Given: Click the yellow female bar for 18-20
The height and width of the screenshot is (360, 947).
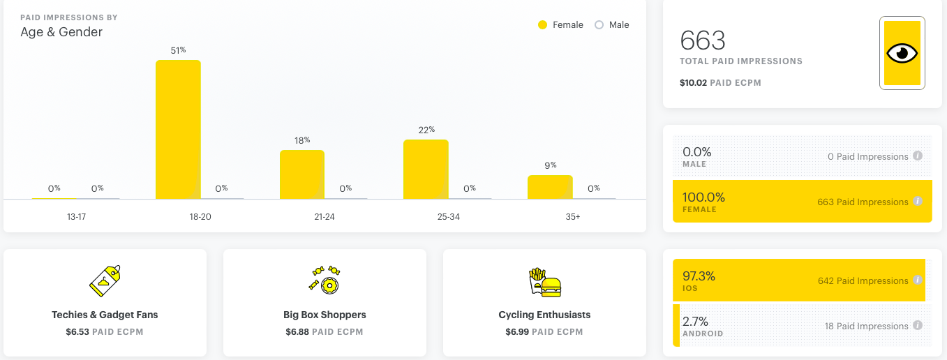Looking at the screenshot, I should (x=178, y=130).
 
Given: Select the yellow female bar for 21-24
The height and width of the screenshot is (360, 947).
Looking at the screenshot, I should (x=302, y=174).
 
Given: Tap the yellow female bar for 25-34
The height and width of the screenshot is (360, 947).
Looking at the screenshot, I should (x=426, y=170).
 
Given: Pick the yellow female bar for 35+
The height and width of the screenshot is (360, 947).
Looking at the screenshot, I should (x=550, y=187).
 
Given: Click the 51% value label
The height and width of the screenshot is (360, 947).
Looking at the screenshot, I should (x=178, y=50).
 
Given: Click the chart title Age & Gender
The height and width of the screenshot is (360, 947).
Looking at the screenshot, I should (x=61, y=32).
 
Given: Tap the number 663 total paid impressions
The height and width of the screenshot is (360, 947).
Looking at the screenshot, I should (x=703, y=40).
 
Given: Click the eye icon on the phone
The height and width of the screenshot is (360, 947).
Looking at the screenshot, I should (x=902, y=54).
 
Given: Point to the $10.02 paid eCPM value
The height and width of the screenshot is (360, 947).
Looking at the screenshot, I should (x=693, y=82).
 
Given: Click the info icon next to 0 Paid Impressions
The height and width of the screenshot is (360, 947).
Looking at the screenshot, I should (x=918, y=156).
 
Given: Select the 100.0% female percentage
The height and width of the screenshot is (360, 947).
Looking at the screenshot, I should (x=703, y=197).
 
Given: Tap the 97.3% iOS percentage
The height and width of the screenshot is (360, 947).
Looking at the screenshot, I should (x=699, y=276).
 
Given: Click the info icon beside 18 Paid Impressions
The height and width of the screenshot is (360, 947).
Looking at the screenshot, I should (x=918, y=325).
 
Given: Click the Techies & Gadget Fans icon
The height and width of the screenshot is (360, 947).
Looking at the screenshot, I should (x=105, y=280).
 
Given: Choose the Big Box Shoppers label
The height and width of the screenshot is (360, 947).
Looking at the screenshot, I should (x=325, y=315).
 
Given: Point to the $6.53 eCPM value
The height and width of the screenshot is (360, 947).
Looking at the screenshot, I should (x=77, y=331).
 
